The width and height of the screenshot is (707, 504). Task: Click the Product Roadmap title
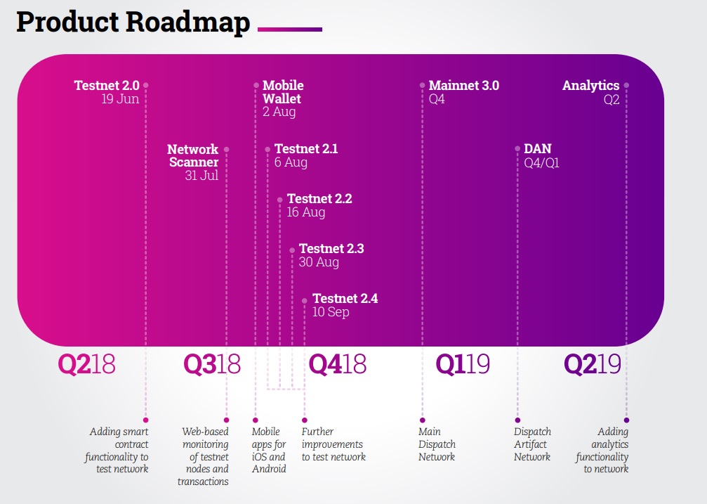point(133,22)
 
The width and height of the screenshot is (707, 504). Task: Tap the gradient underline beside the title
point(290,30)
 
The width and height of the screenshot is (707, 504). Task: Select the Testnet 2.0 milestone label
point(107,85)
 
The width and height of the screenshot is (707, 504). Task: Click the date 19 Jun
point(120,99)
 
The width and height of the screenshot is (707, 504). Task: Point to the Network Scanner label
point(193,156)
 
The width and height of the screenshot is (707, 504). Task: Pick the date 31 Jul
point(201,175)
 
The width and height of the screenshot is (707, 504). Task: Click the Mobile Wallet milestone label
point(283,92)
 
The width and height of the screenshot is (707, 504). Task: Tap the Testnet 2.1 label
point(306,148)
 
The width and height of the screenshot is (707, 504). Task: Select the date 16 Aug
point(306,212)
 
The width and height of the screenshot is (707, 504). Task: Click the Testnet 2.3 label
point(331,248)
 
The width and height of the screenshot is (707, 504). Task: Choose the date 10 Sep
point(331,312)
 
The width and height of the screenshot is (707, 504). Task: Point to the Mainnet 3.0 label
point(464,85)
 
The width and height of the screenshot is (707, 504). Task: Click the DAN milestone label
point(538,148)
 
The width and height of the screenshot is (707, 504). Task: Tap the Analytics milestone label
point(590,85)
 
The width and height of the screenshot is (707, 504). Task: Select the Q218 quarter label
point(86,364)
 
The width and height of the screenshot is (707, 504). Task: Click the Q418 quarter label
point(337,364)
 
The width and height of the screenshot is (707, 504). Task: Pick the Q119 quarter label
point(463,364)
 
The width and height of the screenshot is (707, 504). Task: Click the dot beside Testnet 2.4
point(305,301)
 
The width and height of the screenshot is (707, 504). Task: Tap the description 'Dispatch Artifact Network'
point(532,444)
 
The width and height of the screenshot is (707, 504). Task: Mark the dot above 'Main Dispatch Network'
point(423,420)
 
